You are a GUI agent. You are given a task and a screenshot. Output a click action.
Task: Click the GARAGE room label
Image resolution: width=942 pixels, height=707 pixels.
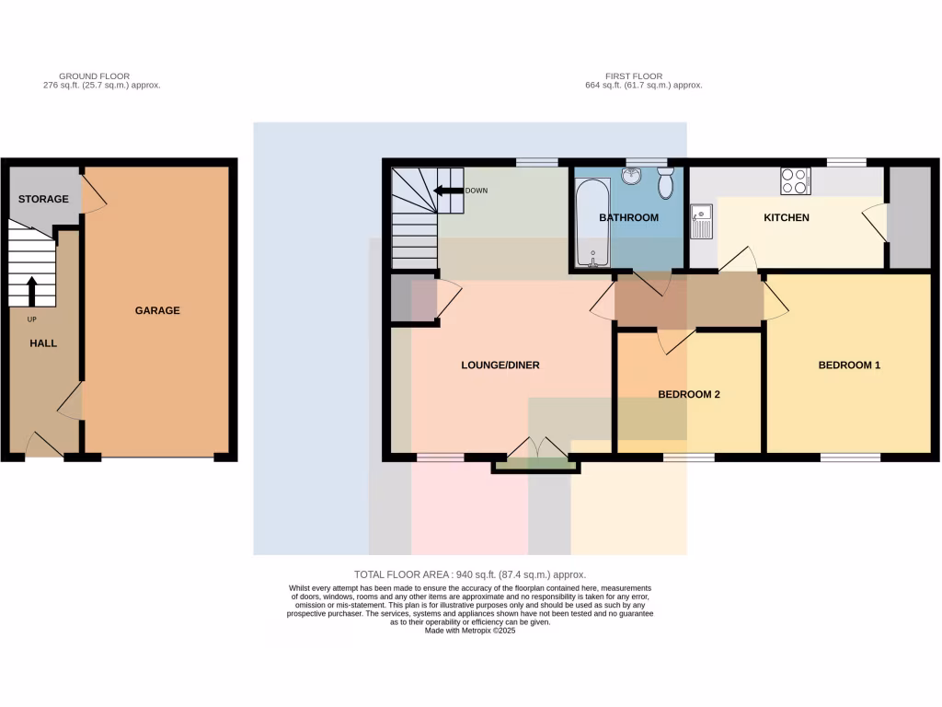[x=157, y=310]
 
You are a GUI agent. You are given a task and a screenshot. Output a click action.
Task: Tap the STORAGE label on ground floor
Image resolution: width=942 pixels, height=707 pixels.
[x=43, y=199]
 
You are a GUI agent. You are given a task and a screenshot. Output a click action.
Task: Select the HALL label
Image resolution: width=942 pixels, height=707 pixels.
[x=43, y=343]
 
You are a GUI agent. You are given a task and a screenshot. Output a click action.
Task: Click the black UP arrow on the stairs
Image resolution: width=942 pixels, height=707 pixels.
[x=32, y=291]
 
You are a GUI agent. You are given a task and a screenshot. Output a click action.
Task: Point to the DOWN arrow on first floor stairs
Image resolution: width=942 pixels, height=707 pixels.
[x=449, y=191]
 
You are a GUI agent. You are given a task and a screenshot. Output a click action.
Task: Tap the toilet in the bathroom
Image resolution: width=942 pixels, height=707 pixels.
[x=667, y=184]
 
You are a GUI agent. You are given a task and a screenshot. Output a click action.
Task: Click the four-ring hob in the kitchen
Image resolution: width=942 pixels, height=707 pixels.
[x=795, y=181]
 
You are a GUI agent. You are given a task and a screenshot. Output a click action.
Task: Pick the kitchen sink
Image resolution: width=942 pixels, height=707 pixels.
[x=703, y=221]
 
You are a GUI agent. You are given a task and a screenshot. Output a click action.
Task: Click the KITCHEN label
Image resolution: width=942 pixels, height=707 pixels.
[x=787, y=218]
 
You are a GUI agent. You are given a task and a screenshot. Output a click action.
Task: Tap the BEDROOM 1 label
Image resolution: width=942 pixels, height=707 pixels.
[x=849, y=365]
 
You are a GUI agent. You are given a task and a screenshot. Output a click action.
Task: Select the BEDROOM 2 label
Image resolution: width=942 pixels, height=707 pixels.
[x=688, y=394]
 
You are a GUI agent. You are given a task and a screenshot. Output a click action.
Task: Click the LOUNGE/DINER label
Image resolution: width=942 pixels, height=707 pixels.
[x=500, y=365]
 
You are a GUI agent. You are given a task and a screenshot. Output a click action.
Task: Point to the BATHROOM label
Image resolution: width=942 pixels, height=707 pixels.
[x=628, y=218]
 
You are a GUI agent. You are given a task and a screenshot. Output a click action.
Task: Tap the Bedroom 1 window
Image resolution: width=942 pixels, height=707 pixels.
[x=849, y=457]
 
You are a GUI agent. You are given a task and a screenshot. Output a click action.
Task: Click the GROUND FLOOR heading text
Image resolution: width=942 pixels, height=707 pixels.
[x=94, y=76]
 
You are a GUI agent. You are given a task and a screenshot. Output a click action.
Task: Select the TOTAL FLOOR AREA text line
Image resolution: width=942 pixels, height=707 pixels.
[x=469, y=574]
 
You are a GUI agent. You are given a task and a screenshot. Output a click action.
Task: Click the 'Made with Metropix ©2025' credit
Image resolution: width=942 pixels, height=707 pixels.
[x=469, y=631]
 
